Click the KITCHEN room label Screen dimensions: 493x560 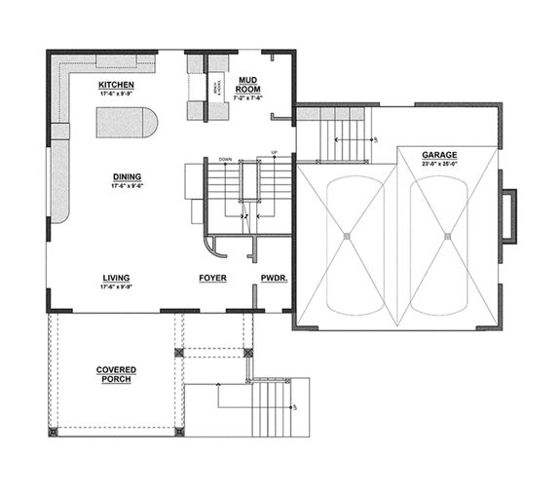tap(116, 85)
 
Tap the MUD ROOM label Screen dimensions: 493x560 tap(248, 83)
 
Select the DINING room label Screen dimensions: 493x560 tap(127, 176)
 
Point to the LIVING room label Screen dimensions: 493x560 tap(116, 279)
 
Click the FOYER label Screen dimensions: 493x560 tap(212, 279)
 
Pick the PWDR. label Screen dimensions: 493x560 tap(272, 279)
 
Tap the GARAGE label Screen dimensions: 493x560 tap(439, 155)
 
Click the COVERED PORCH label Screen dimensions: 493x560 tap(115, 374)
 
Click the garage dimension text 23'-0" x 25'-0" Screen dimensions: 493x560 tap(439, 165)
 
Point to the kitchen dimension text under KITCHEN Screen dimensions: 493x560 tap(116, 94)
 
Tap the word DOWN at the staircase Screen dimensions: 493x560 tap(225, 158)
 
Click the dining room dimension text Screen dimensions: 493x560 tap(127, 185)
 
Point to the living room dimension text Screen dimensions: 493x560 tap(116, 287)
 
